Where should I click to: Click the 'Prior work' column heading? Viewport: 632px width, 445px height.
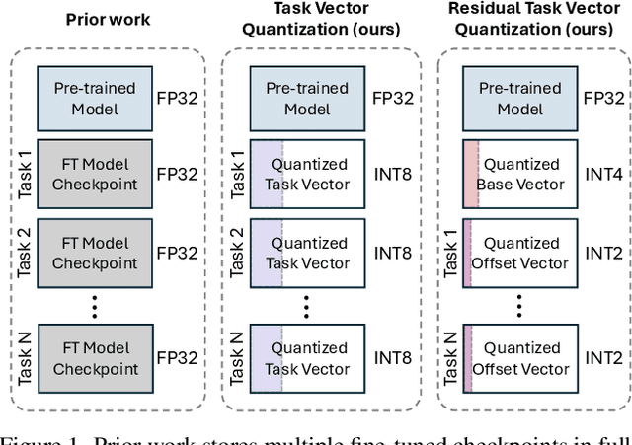click(108, 19)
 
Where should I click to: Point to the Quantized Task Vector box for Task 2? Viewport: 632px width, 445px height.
click(310, 253)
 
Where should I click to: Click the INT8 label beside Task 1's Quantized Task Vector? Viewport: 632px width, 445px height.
click(391, 174)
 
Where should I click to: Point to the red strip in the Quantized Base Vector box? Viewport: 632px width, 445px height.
click(470, 174)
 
